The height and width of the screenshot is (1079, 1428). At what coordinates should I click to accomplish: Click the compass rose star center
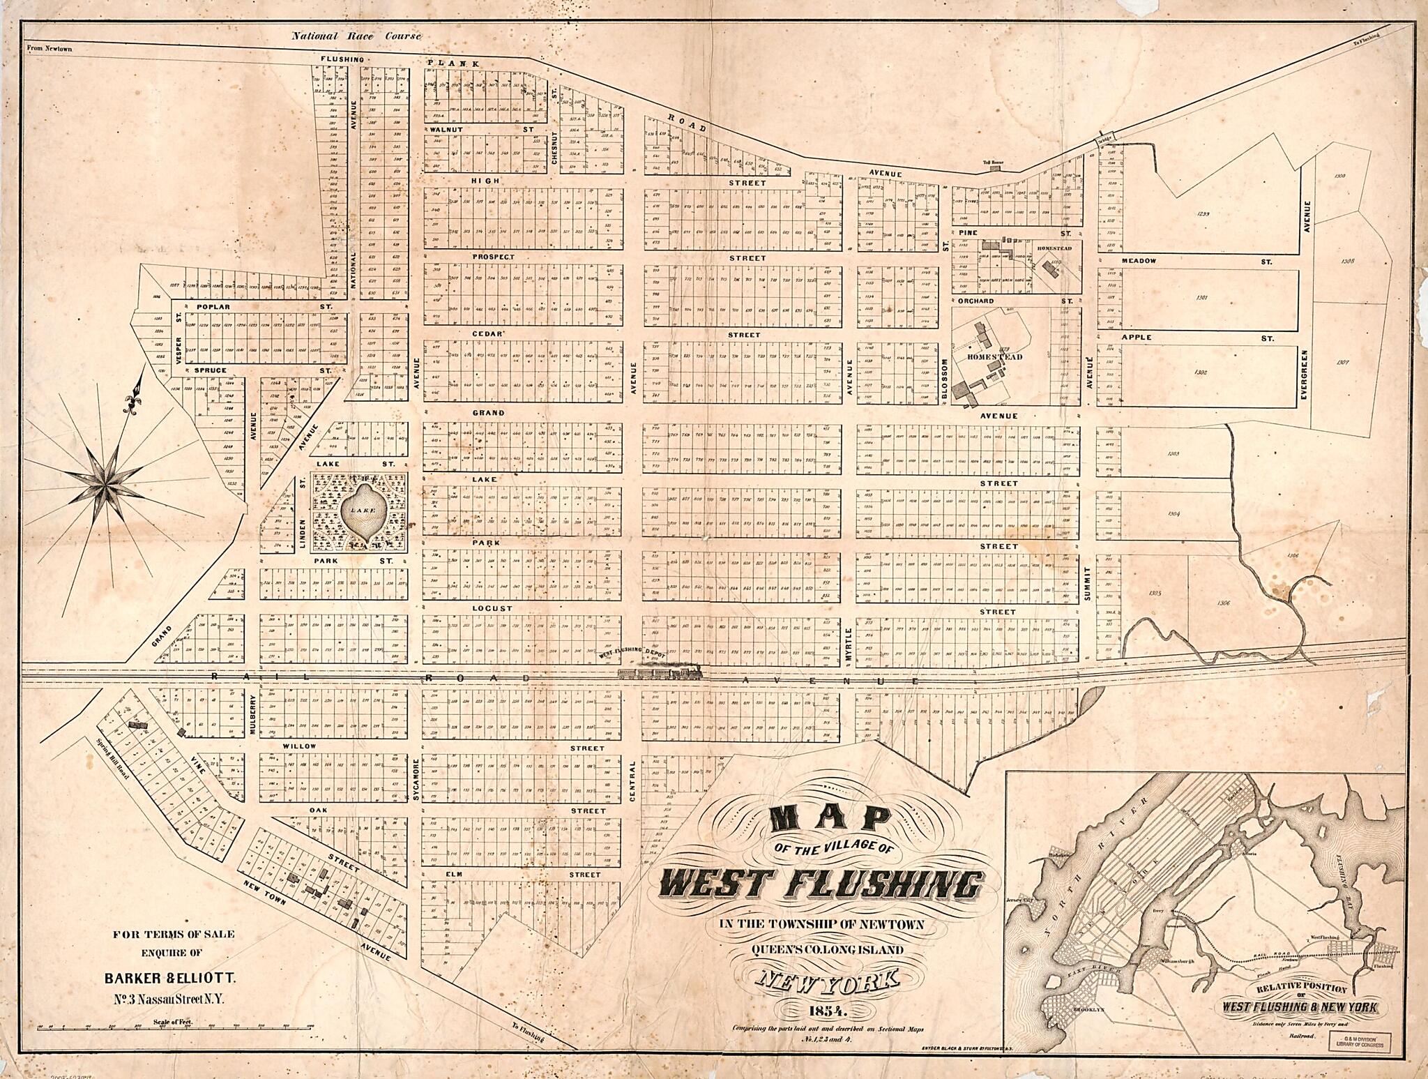click(108, 482)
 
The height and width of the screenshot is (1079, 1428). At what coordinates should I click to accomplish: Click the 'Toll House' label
click(992, 163)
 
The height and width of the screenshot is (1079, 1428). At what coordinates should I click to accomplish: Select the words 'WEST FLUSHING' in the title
click(821, 886)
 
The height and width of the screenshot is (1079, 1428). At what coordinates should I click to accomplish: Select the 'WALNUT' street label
click(443, 130)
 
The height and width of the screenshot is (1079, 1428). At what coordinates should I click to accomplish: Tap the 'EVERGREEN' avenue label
click(1303, 377)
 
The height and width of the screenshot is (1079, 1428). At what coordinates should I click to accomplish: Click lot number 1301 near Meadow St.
click(1201, 298)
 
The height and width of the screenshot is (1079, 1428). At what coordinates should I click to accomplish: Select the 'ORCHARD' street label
click(975, 301)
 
